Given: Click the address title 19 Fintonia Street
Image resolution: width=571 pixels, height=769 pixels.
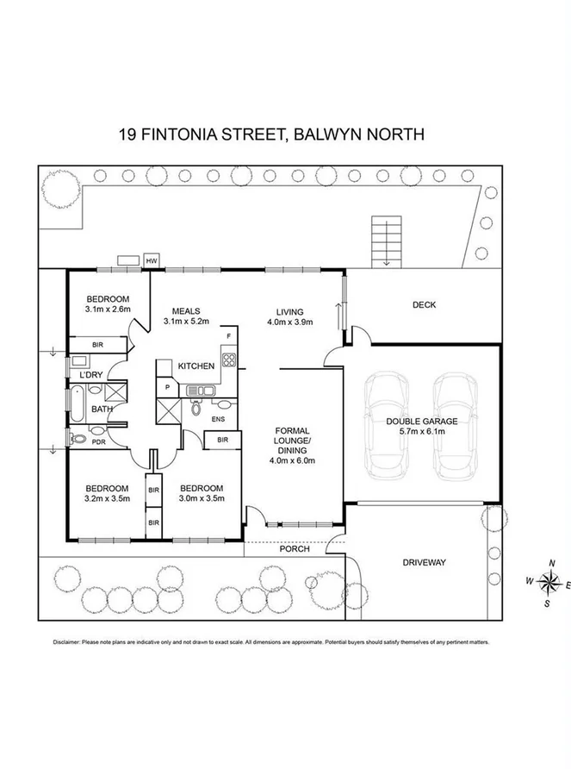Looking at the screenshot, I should [x=270, y=134].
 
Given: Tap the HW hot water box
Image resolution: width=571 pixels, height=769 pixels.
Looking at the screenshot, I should [x=152, y=260].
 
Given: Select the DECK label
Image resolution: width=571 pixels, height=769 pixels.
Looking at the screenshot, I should [x=424, y=304].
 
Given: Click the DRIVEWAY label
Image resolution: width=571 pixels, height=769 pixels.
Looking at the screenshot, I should [x=425, y=563].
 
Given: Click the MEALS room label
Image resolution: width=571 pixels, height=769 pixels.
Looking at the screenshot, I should [x=186, y=311].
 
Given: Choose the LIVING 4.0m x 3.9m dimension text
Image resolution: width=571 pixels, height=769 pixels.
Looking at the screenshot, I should [x=289, y=322].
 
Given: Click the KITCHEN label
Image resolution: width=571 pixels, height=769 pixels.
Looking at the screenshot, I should [x=196, y=366].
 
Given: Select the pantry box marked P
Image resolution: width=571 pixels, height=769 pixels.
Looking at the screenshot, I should [x=166, y=388].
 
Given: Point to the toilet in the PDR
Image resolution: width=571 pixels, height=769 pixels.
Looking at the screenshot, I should [x=78, y=439].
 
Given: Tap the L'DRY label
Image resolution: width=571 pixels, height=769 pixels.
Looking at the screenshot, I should [x=91, y=376].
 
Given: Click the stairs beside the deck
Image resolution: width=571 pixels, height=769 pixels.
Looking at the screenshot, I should [x=386, y=241].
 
